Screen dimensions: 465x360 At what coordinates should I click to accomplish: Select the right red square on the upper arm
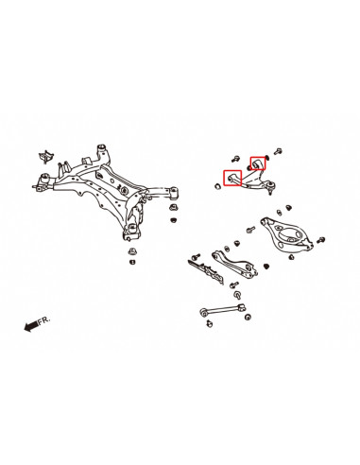pyautogui.click(x=257, y=165)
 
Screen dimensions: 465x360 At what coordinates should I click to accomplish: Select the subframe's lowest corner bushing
pyautogui.click(x=134, y=231)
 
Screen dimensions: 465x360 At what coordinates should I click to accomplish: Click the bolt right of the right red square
pyautogui.click(x=280, y=149)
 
